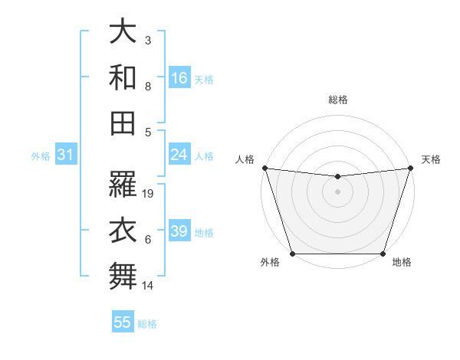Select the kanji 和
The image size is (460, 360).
coord(123,77)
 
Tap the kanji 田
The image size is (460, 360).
coord(123,123)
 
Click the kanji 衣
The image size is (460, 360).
coord(123,231)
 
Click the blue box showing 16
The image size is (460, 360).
coord(179,77)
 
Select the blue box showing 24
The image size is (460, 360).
coord(179,155)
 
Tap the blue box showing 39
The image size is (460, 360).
coord(179,231)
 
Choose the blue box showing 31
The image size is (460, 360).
coord(66,155)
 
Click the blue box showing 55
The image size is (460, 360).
coord(123,322)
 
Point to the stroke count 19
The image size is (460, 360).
coord(149,194)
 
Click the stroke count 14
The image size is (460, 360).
coord(149,286)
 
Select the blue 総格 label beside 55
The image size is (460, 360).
coord(147,324)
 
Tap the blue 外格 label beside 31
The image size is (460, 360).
coord(41,156)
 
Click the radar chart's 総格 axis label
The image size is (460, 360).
coord(337,100)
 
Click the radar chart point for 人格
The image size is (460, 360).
coord(264,168)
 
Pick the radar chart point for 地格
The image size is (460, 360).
coord(383,254)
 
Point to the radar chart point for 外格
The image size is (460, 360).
coord(292,254)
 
